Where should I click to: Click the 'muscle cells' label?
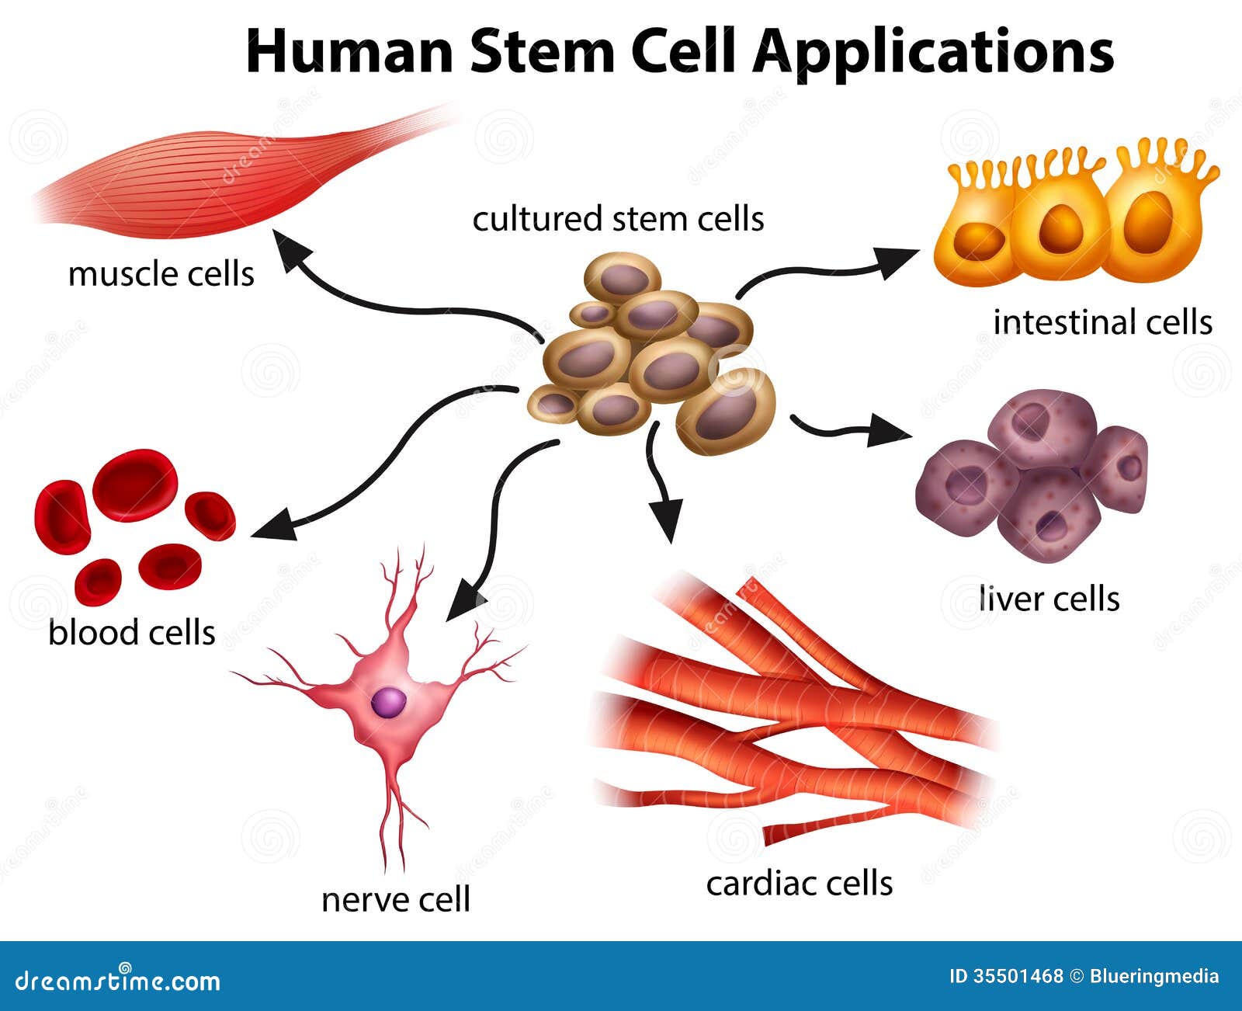(161, 274)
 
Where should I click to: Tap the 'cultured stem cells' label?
(618, 219)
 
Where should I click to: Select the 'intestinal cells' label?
(1102, 321)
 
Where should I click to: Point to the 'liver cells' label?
(1049, 599)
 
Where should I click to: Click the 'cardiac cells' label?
(799, 883)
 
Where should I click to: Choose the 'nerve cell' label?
(396, 900)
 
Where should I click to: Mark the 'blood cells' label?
(131, 632)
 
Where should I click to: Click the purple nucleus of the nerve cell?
(388, 702)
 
